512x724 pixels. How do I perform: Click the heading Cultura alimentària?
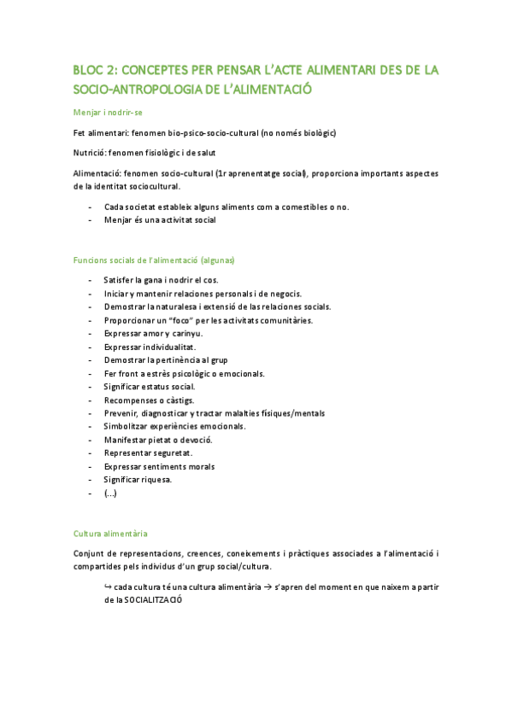coord(111,533)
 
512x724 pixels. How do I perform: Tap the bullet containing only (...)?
coord(110,493)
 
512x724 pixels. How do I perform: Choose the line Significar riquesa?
coord(138,480)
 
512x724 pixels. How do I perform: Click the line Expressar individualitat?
coord(150,347)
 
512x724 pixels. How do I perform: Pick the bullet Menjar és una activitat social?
coord(160,219)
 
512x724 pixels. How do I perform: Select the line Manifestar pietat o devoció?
coord(158,440)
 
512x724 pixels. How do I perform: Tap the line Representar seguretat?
coord(148,452)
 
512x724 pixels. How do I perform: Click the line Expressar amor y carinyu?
coord(153,333)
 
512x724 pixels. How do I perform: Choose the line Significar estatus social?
coord(149,387)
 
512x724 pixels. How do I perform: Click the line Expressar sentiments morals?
coord(159,466)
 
